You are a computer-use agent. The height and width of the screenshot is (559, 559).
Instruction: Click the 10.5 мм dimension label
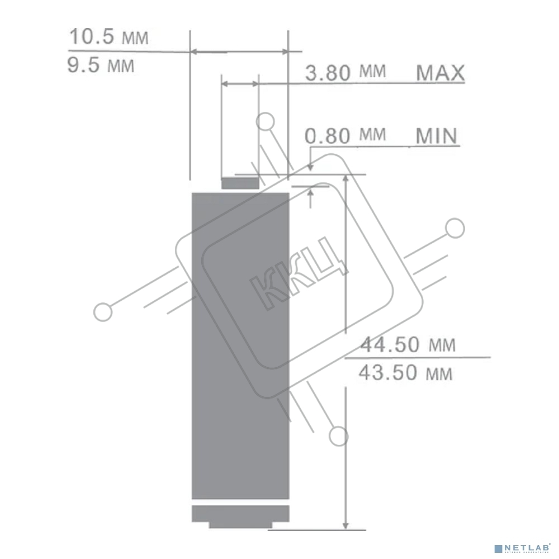coord(109,37)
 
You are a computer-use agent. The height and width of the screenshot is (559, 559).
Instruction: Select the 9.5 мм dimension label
coord(101,65)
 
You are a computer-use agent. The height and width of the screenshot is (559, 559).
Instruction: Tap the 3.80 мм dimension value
coord(345,72)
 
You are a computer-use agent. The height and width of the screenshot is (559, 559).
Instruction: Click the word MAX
coord(440,73)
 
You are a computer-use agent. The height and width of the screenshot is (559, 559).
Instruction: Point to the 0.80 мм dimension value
coord(345,135)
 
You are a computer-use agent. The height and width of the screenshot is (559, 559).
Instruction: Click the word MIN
coord(437,136)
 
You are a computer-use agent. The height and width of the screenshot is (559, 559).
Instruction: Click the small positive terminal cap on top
coord(240,183)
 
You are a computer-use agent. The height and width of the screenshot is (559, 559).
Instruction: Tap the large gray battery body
coord(240,346)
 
